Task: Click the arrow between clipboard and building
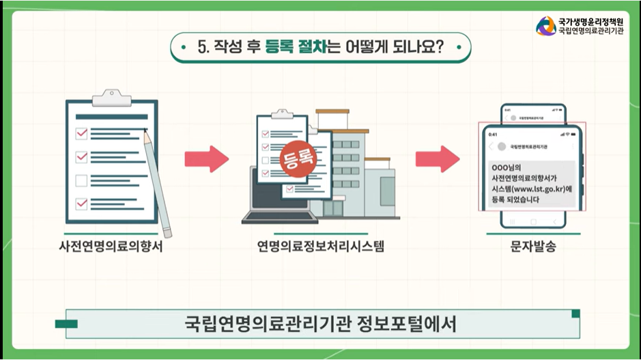(206, 159)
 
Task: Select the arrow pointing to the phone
(438, 159)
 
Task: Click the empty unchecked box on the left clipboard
(81, 181)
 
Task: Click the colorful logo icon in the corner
(545, 26)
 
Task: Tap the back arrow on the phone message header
(491, 147)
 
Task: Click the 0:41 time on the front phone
(494, 134)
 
